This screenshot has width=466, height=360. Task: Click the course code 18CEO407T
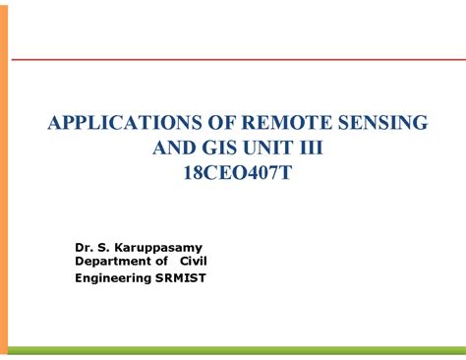coord(238,173)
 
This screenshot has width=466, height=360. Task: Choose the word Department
coord(112,261)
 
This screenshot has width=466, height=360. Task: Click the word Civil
coord(193,261)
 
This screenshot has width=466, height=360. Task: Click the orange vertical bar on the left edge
coord(4,177)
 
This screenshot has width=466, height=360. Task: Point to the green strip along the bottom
coord(236,350)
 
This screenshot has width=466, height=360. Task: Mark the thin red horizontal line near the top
coord(236,59)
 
